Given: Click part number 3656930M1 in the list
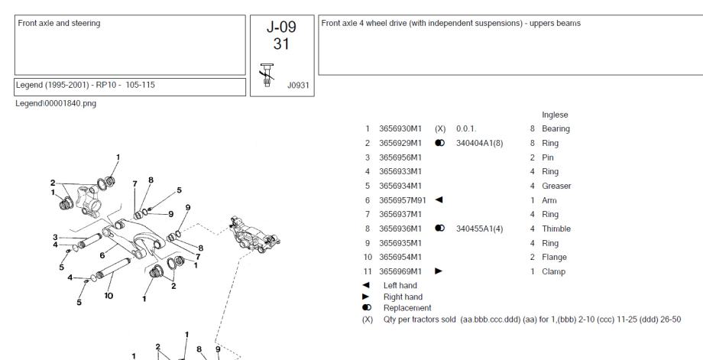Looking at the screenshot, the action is click(400, 128).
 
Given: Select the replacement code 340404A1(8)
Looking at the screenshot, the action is click(479, 143).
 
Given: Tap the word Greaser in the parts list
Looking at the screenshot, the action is click(556, 186).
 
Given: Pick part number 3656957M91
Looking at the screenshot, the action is click(403, 200).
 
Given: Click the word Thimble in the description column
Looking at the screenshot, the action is click(556, 229).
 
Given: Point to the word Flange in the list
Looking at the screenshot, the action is click(554, 257).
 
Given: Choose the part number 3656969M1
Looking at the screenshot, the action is click(400, 271).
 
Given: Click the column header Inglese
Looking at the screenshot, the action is click(555, 115).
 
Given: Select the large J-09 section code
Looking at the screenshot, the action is click(281, 27).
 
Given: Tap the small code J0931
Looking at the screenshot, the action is click(298, 85).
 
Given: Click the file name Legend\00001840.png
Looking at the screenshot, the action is click(56, 103).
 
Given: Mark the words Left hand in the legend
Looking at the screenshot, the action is click(400, 285).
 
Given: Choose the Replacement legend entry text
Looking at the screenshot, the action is click(407, 308).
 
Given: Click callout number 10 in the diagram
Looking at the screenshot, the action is click(109, 296).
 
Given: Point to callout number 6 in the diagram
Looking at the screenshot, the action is click(102, 255).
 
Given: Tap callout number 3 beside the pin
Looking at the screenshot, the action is click(55, 237).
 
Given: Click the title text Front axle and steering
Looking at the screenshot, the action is click(59, 23).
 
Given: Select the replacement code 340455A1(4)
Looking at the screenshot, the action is click(479, 229).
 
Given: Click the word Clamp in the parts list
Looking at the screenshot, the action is click(554, 271).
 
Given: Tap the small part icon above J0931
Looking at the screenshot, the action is click(267, 75).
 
